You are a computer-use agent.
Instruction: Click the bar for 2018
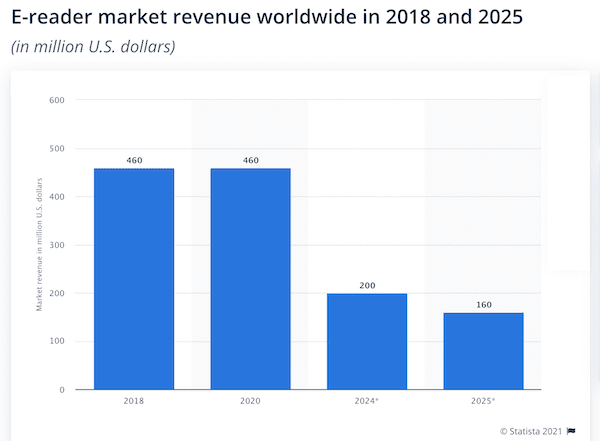[x=134, y=279]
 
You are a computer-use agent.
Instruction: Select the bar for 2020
[x=250, y=279]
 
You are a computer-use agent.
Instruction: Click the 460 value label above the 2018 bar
[x=134, y=160]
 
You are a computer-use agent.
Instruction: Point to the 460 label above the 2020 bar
[x=250, y=160]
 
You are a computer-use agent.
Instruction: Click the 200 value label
[x=367, y=286]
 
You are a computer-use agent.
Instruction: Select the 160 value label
[x=483, y=305]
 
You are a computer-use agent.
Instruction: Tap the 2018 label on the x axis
[x=134, y=403]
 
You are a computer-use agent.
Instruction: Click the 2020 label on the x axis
[x=250, y=403]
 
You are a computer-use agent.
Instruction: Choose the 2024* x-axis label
[x=367, y=403]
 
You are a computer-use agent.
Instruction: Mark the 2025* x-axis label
[x=483, y=403]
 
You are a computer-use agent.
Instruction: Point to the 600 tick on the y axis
[x=56, y=100]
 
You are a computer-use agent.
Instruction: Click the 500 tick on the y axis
[x=56, y=149]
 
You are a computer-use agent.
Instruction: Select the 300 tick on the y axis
[x=56, y=245]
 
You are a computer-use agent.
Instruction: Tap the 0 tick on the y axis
[x=62, y=390]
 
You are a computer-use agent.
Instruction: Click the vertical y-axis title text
[x=39, y=245]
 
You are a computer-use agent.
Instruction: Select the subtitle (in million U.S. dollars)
[x=93, y=47]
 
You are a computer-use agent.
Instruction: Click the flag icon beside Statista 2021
[x=571, y=430]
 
